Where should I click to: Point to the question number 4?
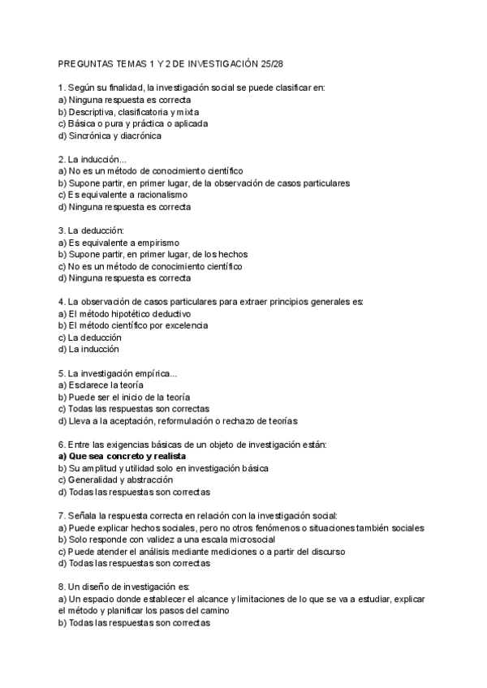[x=61, y=302]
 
